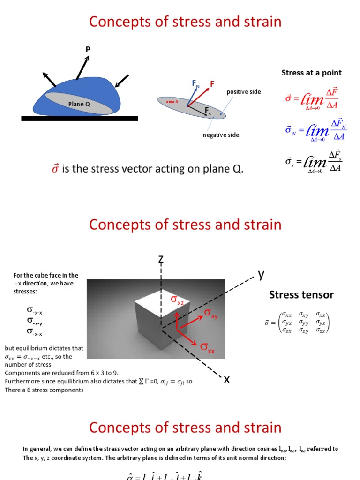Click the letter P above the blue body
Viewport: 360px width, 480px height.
tap(88, 49)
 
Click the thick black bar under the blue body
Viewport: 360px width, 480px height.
tap(80, 119)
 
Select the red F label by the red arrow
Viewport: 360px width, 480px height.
tap(212, 84)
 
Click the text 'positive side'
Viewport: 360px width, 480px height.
tap(244, 92)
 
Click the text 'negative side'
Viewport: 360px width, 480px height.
tap(221, 135)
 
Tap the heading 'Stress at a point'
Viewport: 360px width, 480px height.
tap(311, 73)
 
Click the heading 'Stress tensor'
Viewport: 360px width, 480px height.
tap(301, 295)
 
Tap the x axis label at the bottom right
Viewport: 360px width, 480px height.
tap(226, 379)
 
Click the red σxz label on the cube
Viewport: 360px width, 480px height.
tap(177, 300)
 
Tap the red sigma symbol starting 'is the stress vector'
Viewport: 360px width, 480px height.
tap(55, 168)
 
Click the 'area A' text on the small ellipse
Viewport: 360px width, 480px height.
tap(172, 101)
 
